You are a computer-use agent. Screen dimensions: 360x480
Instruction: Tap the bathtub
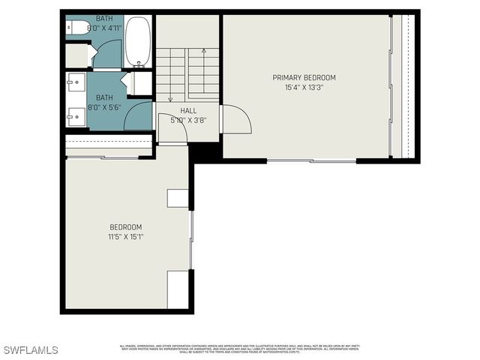(137, 42)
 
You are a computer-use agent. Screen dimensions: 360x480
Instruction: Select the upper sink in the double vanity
(75, 81)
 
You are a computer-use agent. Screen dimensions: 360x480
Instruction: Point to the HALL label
(188, 110)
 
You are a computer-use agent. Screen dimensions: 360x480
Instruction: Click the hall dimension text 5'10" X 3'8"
(188, 119)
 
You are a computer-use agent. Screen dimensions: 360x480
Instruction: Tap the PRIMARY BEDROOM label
(304, 78)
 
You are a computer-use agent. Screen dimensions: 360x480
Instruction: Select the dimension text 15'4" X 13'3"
(304, 87)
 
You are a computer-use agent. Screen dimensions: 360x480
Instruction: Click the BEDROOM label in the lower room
(125, 227)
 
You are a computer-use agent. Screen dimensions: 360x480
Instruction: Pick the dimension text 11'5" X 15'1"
(125, 237)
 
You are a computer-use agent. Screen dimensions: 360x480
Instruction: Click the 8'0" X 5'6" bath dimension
(104, 107)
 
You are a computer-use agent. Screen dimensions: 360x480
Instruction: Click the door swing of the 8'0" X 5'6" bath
(139, 117)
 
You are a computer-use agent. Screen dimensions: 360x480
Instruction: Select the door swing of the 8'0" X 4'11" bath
(106, 55)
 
